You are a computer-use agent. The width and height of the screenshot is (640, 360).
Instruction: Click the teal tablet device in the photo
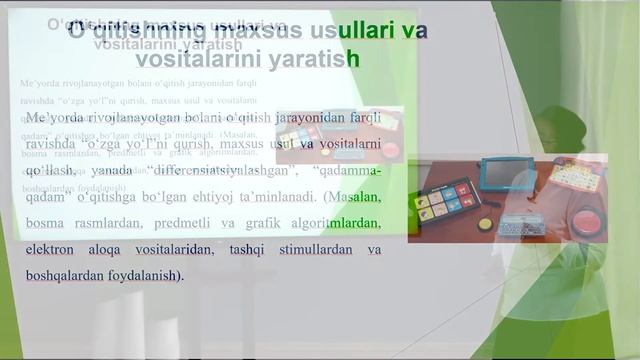[x=507, y=174]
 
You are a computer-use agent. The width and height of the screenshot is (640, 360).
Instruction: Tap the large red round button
[x=587, y=220]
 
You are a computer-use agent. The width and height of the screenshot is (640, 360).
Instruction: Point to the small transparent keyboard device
[x=522, y=224]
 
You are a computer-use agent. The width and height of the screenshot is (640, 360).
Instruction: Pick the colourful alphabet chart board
[x=578, y=175]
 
